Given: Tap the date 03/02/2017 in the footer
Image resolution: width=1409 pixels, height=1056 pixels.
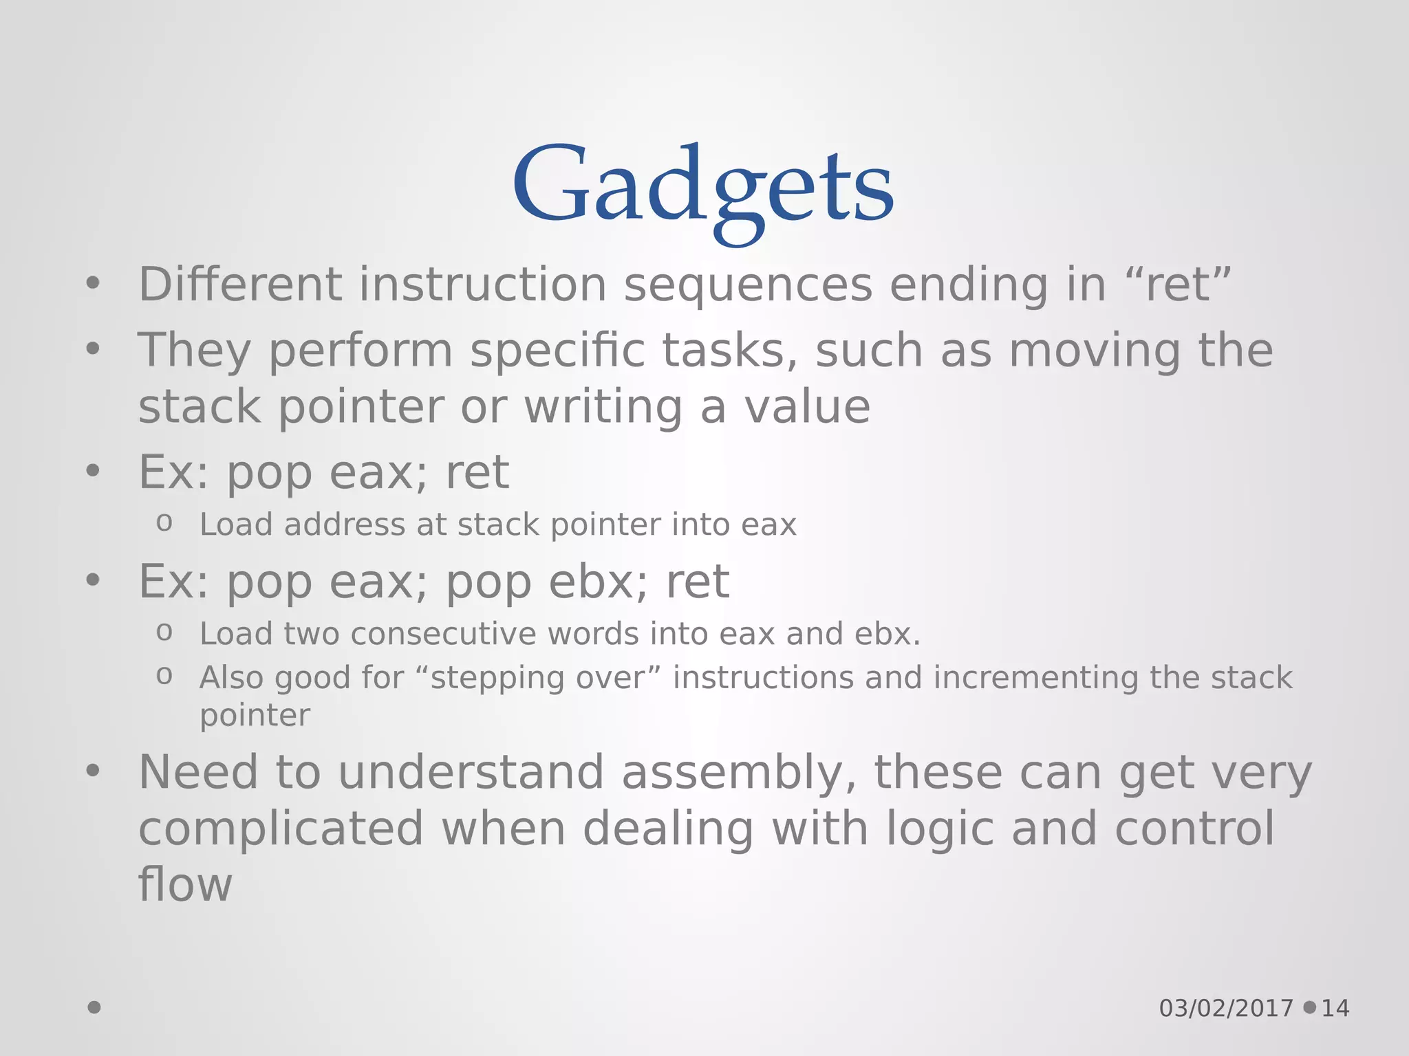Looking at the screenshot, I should [x=1226, y=1009].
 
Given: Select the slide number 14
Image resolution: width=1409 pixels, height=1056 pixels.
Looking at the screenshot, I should [x=1335, y=1009].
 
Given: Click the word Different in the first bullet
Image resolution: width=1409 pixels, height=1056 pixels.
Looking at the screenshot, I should [x=240, y=284].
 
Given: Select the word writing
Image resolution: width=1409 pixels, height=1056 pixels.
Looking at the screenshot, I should [x=603, y=407].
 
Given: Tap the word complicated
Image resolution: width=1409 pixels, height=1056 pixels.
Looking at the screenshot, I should [x=281, y=828].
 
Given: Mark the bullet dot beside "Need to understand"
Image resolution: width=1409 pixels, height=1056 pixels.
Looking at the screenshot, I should [x=93, y=771].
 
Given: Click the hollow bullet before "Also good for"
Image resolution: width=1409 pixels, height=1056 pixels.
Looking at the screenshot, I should [x=164, y=675].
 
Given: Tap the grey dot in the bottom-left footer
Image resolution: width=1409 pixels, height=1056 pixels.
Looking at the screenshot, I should [x=94, y=1007].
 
